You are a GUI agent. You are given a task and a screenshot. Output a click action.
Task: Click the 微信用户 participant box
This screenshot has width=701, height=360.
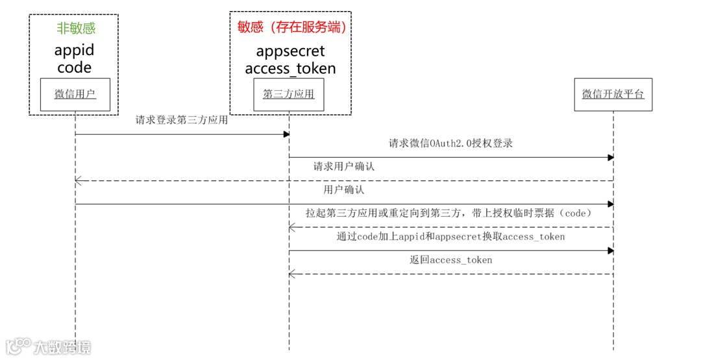(75, 95)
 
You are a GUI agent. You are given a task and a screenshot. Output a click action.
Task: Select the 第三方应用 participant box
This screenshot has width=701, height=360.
(288, 95)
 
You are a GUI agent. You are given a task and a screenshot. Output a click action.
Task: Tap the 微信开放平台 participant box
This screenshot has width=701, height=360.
(613, 95)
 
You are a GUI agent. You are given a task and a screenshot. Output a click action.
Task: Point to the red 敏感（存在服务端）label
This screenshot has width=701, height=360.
(290, 27)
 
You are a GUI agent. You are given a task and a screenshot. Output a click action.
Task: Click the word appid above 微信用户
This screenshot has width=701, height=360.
(74, 50)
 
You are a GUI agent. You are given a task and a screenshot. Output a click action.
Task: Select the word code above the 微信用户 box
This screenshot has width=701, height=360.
(74, 67)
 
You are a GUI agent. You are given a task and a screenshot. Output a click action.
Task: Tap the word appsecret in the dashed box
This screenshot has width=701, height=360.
(290, 51)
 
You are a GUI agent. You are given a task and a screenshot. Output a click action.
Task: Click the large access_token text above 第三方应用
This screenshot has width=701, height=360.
(290, 68)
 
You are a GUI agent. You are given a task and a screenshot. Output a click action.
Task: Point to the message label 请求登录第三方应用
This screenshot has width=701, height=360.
(182, 120)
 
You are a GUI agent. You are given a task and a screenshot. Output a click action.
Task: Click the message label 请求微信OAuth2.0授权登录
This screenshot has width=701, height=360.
(450, 143)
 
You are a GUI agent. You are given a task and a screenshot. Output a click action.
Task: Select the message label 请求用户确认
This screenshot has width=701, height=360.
(344, 167)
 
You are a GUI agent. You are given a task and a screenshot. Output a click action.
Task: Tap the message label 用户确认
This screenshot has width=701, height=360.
(344, 190)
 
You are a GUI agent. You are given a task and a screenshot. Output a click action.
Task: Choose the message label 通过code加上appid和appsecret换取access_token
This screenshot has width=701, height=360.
(450, 237)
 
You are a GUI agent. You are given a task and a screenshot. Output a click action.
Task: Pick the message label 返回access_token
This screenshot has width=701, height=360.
(450, 260)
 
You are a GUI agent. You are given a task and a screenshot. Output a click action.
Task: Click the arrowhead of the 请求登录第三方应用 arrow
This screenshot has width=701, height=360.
(286, 134)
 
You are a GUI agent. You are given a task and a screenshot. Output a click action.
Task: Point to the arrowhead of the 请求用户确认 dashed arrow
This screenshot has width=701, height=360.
(79, 181)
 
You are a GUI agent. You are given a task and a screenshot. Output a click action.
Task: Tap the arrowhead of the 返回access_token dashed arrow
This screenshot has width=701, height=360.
(292, 274)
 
